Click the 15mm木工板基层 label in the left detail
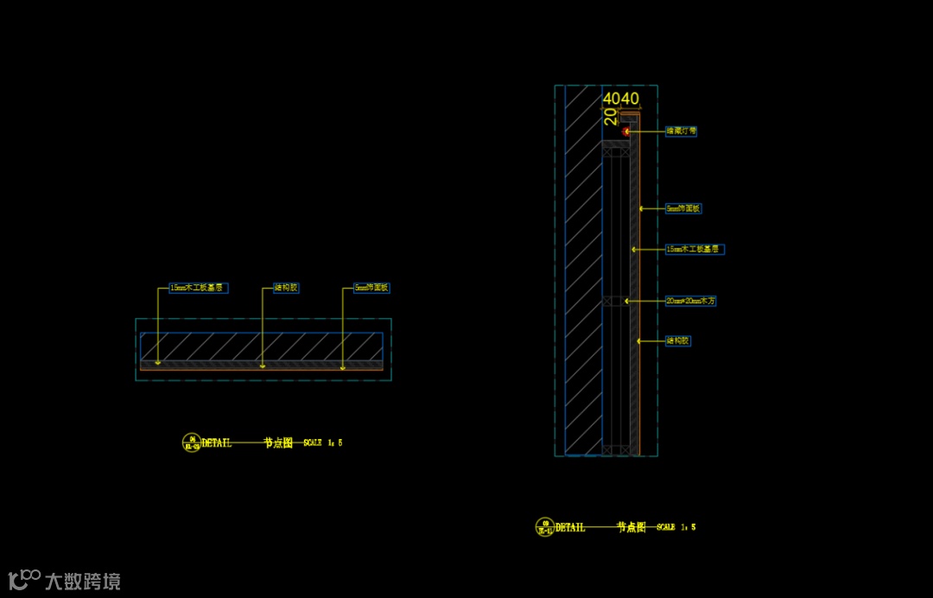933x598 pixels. click(198, 288)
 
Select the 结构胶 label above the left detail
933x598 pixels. click(285, 288)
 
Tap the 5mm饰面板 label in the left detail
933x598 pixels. click(372, 288)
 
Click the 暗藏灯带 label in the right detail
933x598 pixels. click(681, 131)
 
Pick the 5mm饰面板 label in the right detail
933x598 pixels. click(683, 208)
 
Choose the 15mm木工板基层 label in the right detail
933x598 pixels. click(694, 249)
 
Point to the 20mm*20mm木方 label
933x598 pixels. click(690, 302)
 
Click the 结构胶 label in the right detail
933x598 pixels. click(678, 340)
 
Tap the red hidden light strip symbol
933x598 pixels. click(626, 131)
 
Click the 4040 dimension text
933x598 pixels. click(620, 99)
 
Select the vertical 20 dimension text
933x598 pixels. click(610, 117)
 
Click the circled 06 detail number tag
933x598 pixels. click(192, 442)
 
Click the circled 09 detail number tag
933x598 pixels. click(545, 526)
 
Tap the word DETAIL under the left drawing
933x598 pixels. click(217, 443)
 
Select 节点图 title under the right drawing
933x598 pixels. click(631, 527)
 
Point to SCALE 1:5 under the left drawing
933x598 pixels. click(323, 442)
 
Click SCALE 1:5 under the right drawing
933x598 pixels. click(676, 527)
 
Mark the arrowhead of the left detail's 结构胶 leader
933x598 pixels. click(263, 366)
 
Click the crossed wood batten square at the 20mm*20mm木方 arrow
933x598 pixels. click(612, 302)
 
